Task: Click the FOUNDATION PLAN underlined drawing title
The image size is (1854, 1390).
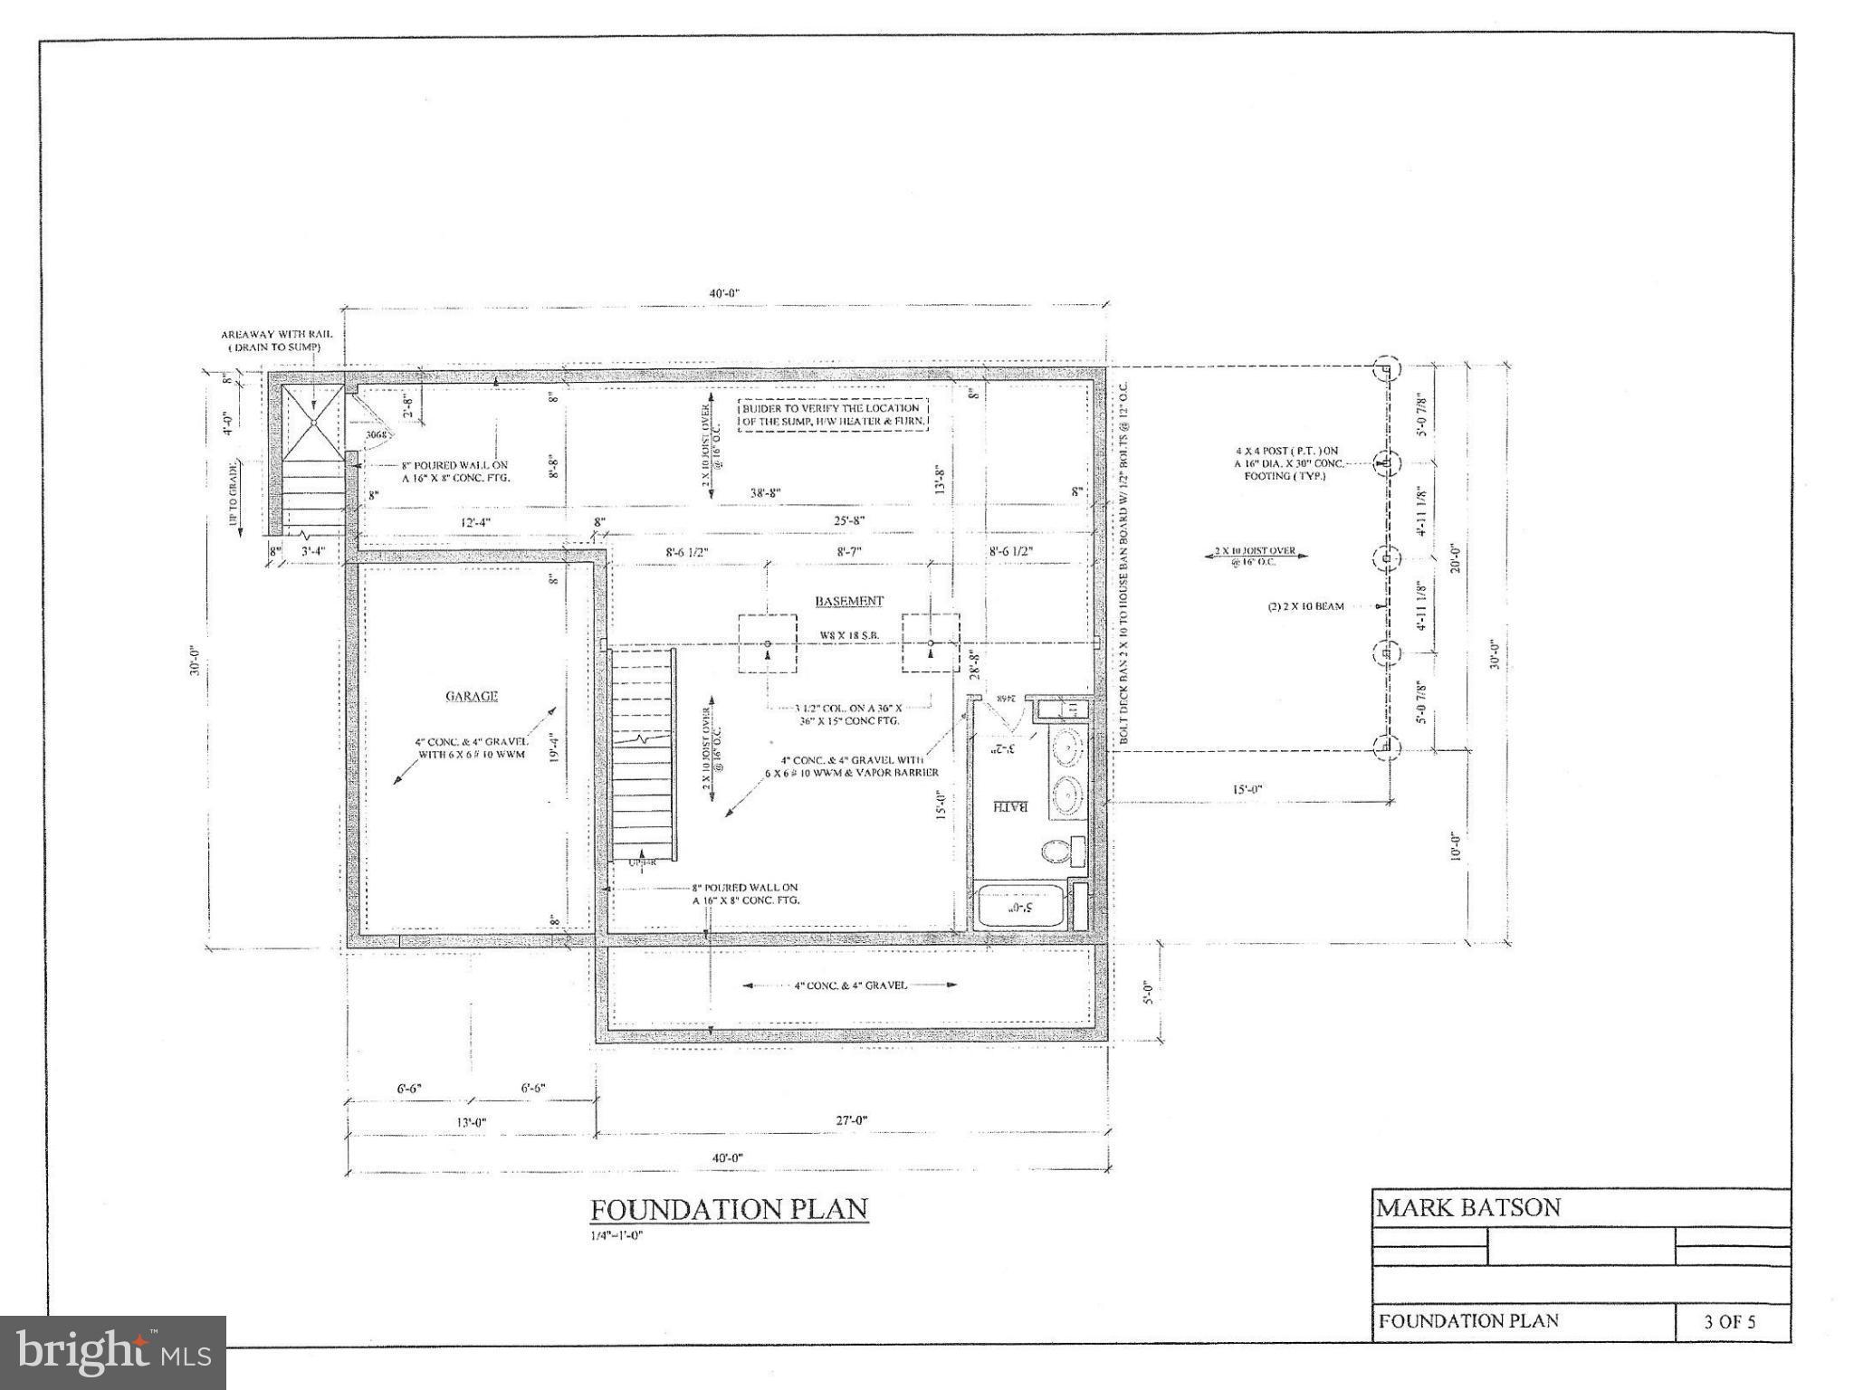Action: [729, 1209]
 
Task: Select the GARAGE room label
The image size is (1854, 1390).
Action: [472, 696]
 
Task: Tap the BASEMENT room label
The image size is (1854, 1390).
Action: [848, 601]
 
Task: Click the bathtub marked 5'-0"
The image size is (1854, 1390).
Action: [1021, 906]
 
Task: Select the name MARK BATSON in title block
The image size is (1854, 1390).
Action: [1468, 1207]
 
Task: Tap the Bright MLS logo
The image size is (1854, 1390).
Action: [113, 1353]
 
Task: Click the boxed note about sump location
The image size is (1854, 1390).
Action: [833, 415]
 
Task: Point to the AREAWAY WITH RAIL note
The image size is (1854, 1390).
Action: [276, 340]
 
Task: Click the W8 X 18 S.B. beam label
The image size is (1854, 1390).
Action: [849, 635]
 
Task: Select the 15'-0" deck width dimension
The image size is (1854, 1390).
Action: [1248, 789]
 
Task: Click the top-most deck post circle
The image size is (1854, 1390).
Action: [1385, 368]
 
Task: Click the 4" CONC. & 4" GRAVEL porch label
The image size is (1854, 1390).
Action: [850, 985]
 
